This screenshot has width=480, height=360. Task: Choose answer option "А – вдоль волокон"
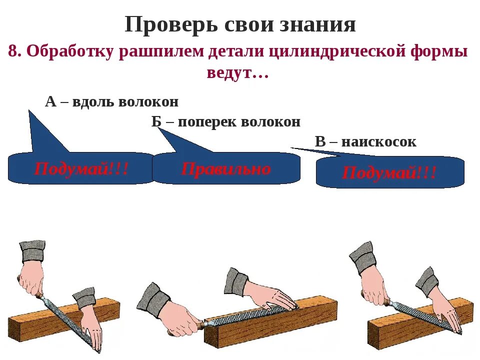111,102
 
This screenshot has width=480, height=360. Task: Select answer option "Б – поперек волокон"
226,121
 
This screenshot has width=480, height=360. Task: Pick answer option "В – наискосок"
365,141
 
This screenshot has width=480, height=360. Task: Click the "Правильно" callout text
226,168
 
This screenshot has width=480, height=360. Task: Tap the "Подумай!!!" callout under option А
81,168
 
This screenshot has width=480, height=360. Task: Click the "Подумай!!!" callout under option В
389,173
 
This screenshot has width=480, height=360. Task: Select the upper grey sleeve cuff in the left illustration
32,250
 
